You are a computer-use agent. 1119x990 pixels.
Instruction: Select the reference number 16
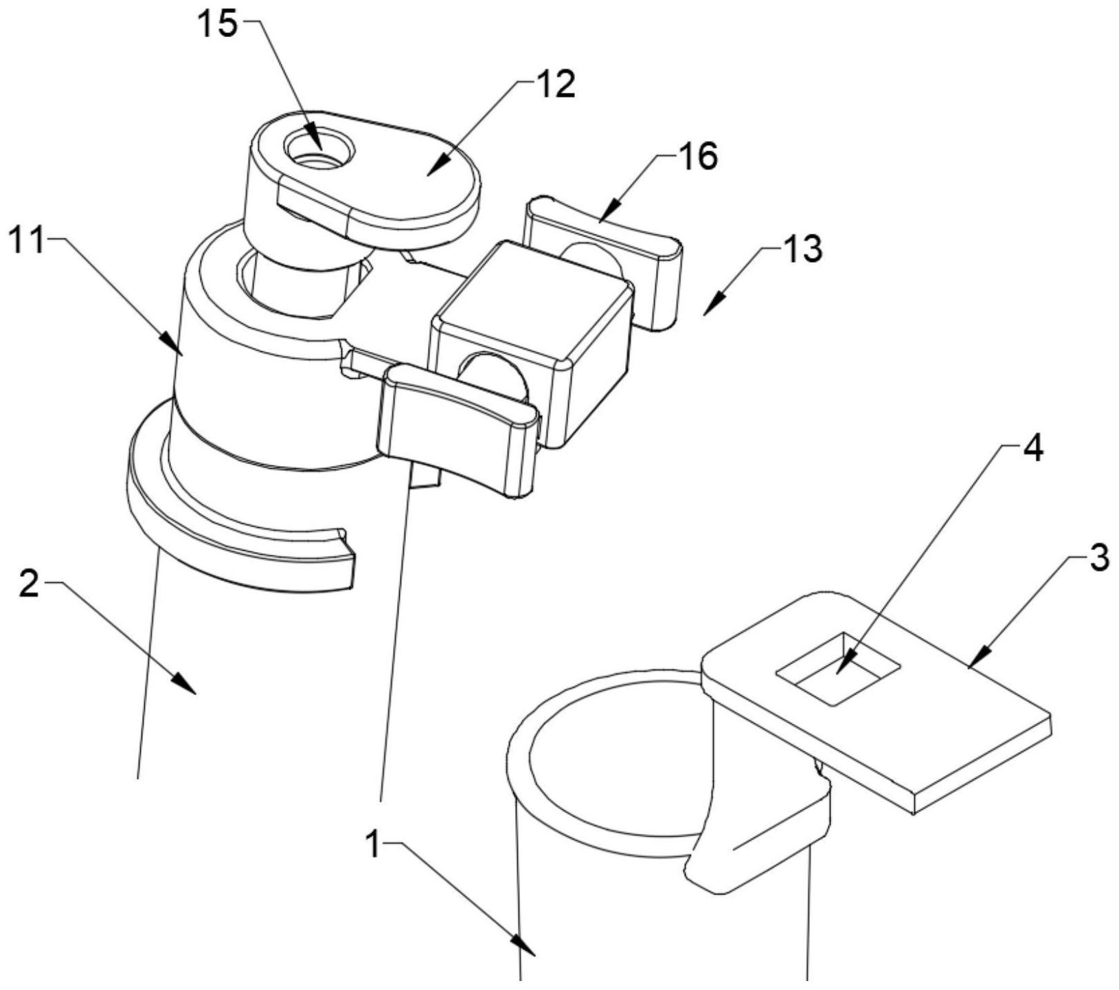tap(698, 157)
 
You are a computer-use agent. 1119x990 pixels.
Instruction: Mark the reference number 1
tap(373, 844)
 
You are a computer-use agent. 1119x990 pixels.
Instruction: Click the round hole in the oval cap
tap(319, 149)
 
